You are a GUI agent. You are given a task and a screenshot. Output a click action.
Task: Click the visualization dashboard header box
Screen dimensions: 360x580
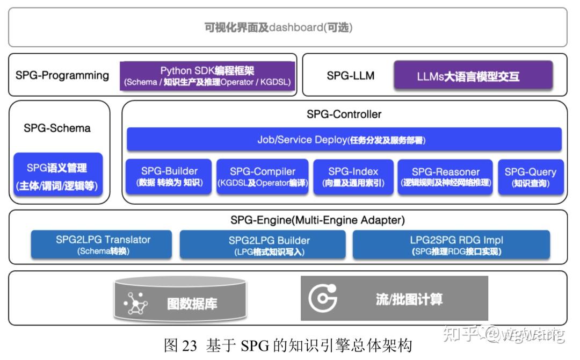tap(287, 27)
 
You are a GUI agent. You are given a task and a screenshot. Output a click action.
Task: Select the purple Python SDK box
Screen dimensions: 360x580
tap(207, 76)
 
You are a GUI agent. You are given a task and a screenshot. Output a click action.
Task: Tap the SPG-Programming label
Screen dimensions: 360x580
tap(62, 75)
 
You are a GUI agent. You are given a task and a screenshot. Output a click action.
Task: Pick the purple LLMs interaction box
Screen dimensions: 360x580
tap(473, 76)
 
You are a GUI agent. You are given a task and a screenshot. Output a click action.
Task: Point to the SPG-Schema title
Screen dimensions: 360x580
tap(57, 128)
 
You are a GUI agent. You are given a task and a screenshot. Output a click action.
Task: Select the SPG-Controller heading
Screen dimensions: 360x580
tap(344, 114)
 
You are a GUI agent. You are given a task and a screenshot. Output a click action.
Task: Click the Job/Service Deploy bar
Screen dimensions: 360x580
tap(344, 140)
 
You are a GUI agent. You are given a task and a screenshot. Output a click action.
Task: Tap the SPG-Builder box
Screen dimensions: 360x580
tap(169, 177)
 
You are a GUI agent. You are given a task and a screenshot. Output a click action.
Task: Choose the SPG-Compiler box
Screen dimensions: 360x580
tap(263, 177)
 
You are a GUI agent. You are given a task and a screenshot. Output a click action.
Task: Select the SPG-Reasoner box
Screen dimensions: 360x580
tap(445, 177)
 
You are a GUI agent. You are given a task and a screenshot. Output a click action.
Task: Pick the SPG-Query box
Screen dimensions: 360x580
tap(530, 177)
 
